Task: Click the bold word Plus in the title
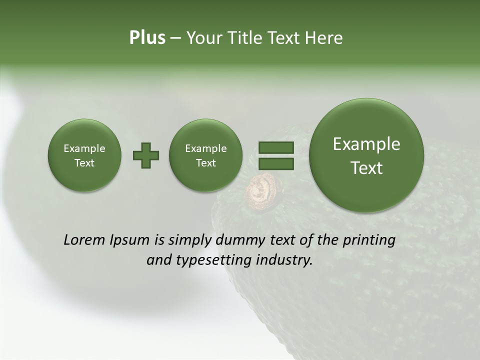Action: [147, 38]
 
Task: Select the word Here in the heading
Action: [325, 38]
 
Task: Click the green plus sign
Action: [146, 155]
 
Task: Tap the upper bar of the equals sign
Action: [275, 148]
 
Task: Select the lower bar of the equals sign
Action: [275, 163]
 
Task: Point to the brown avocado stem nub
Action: [260, 188]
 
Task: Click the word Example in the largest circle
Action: [366, 144]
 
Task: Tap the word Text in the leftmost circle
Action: [84, 163]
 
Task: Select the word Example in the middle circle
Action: [205, 148]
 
